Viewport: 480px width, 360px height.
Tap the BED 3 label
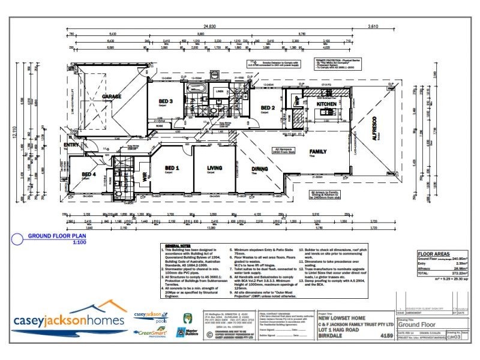(166, 101)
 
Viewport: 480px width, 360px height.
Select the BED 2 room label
(267, 108)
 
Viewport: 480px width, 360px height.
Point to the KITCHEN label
(327, 104)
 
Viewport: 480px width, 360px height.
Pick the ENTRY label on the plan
(71, 144)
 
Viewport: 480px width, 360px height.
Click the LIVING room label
(214, 168)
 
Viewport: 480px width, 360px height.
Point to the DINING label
(259, 169)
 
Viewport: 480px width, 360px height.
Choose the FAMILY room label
(317, 152)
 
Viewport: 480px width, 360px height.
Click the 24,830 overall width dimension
(209, 26)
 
